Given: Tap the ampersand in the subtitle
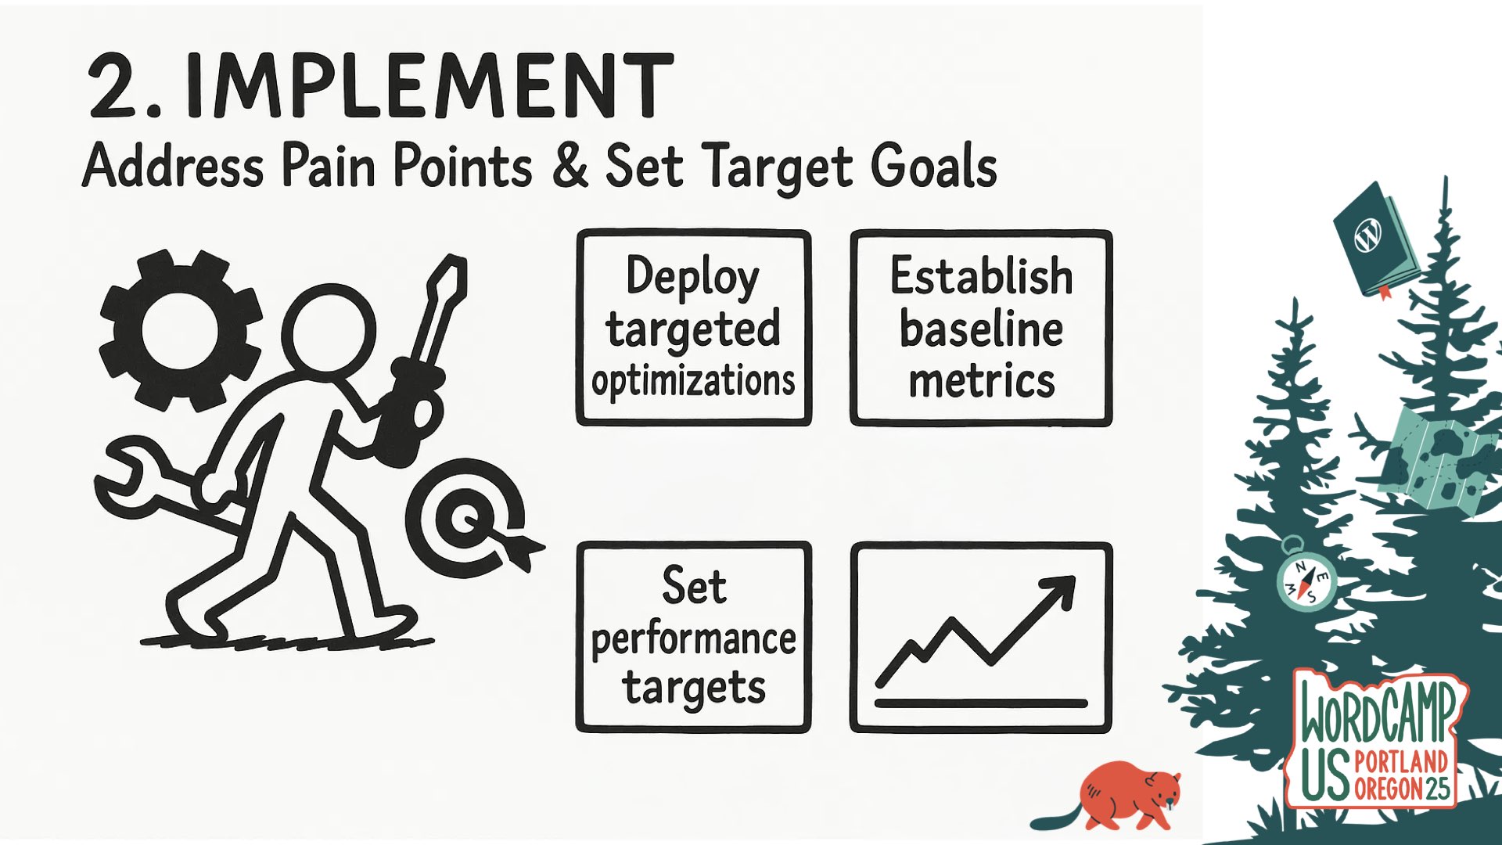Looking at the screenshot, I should click(x=570, y=165).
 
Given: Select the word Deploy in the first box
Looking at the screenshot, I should click(x=692, y=277).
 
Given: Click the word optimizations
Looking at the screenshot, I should click(x=693, y=382).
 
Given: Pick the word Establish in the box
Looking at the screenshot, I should click(x=981, y=277).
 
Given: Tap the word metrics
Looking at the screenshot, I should click(x=981, y=382).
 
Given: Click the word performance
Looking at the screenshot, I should click(x=693, y=639).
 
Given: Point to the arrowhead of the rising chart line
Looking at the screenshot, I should click(x=1060, y=591).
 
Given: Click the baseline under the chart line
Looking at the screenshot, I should click(x=981, y=703).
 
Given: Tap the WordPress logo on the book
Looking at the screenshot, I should click(x=1368, y=235).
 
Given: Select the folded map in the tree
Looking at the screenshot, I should click(x=1436, y=462).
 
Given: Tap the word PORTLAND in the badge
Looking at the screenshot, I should click(x=1401, y=761).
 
